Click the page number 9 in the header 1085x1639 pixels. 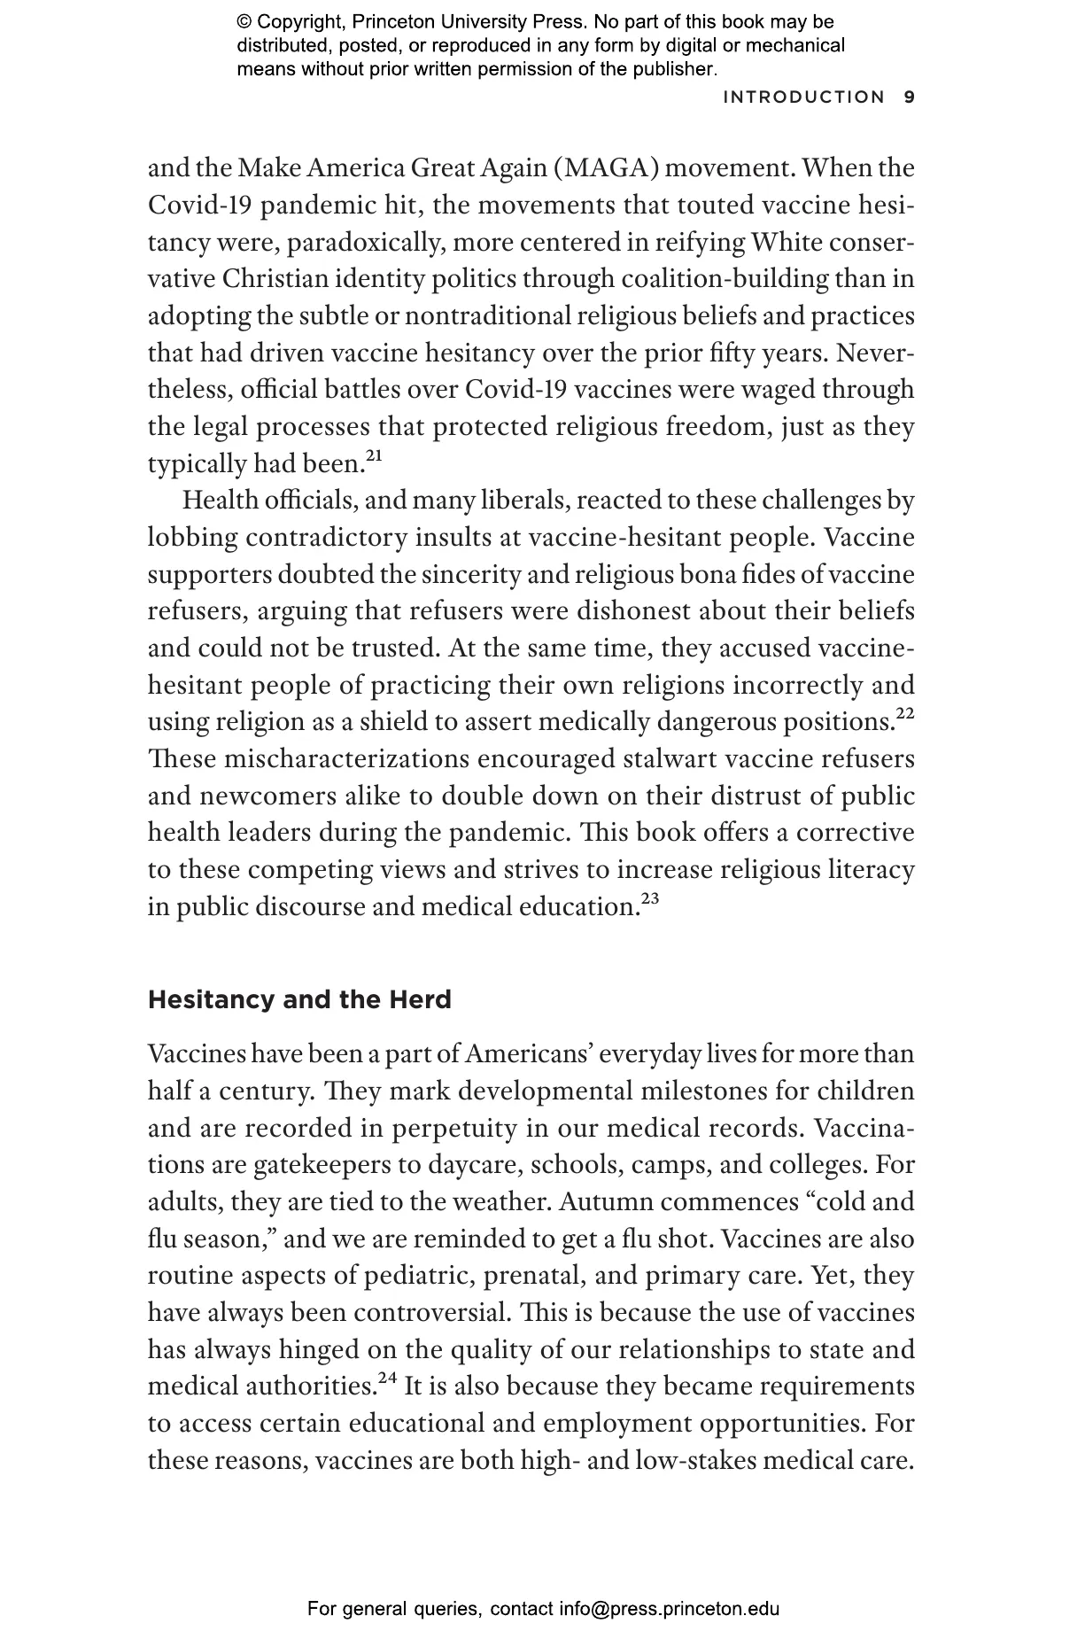(909, 97)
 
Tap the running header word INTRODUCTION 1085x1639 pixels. (803, 97)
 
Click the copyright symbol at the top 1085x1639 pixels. (244, 22)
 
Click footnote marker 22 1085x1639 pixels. (905, 713)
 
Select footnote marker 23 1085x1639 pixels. (650, 898)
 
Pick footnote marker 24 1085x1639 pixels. (386, 1378)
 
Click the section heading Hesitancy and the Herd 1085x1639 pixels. (299, 1000)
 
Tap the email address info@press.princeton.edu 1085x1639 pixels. (669, 1609)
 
